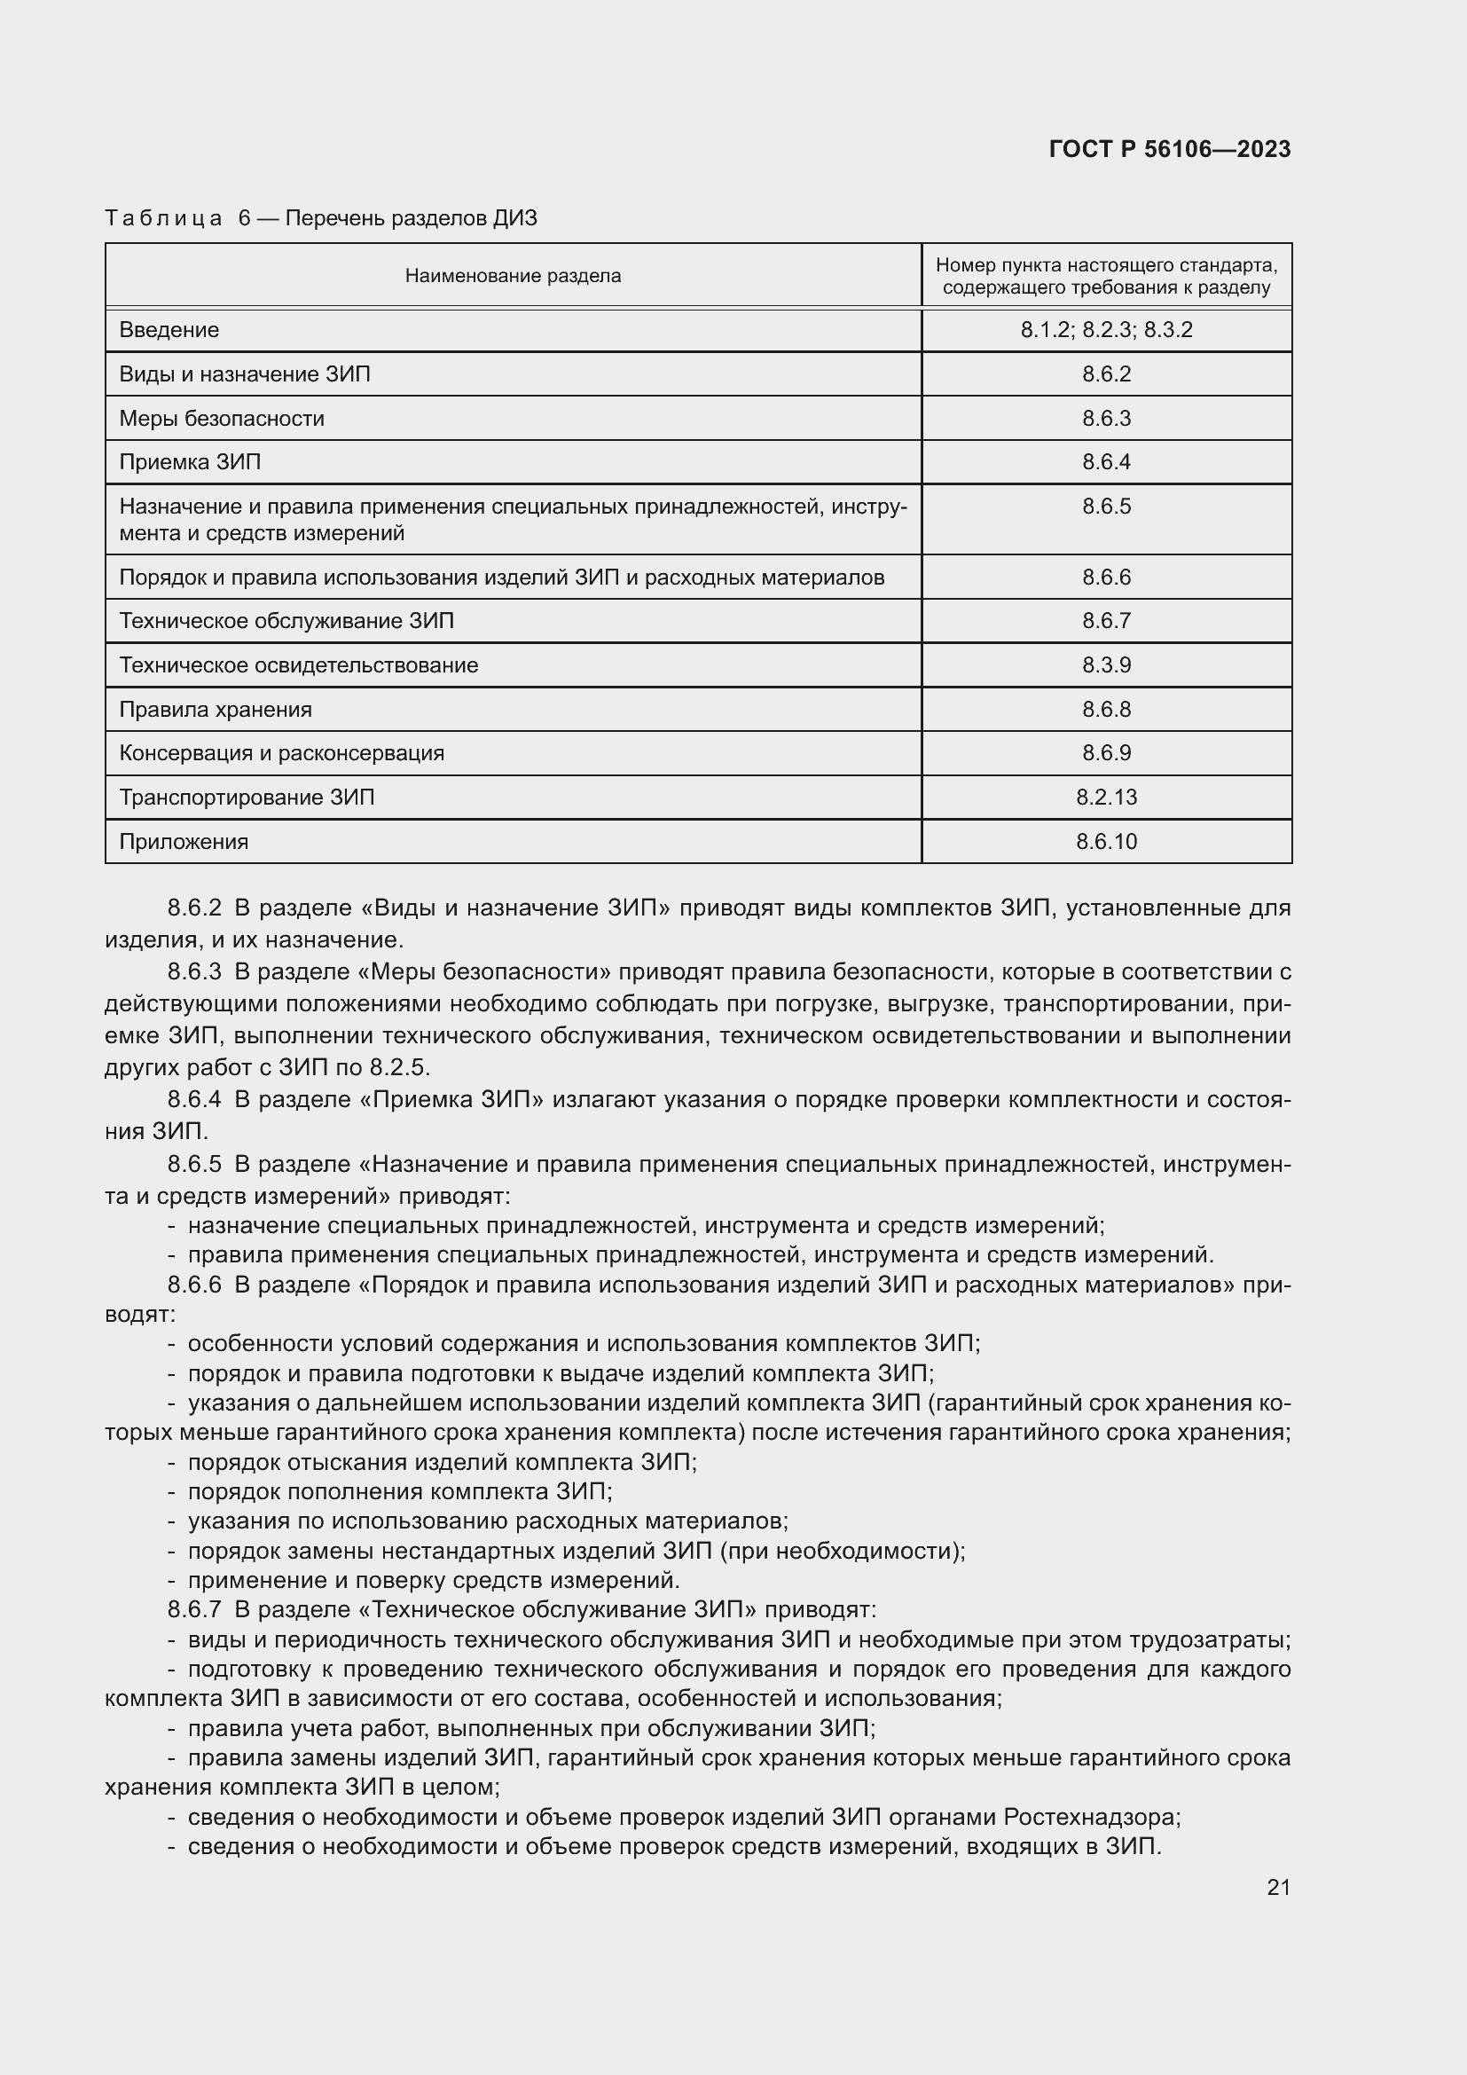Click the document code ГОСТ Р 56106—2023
point(1169,149)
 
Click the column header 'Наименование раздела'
point(512,276)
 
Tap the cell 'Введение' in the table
point(169,330)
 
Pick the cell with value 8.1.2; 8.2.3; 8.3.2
point(1106,330)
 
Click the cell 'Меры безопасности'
point(222,419)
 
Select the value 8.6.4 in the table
point(1106,462)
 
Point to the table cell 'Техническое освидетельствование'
point(298,665)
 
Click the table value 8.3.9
point(1106,665)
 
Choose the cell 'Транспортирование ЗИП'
point(247,798)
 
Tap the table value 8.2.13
point(1106,798)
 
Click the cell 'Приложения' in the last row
point(184,841)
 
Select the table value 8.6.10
point(1106,841)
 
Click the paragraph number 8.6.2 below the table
point(194,908)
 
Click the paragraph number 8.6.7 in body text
point(194,1609)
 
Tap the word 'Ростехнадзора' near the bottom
point(1090,1817)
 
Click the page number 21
point(1278,1887)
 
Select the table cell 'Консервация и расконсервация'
point(281,753)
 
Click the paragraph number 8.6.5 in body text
point(194,1164)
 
